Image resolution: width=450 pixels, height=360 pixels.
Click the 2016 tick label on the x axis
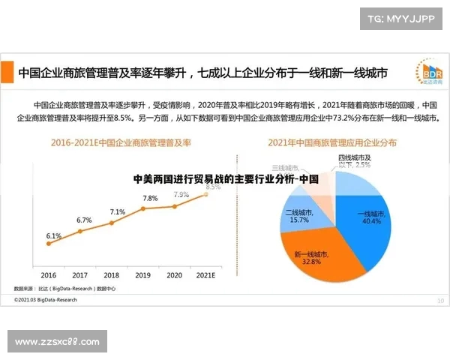pyautogui.click(x=48, y=275)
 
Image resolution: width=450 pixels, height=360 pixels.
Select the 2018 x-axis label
pyautogui.click(x=111, y=275)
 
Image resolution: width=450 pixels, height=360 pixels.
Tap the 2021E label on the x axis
pyautogui.click(x=205, y=275)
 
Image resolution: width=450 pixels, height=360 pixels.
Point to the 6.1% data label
pyautogui.click(x=53, y=235)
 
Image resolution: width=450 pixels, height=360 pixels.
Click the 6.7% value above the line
pyautogui.click(x=84, y=220)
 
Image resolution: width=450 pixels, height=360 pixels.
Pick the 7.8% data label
pyautogui.click(x=150, y=198)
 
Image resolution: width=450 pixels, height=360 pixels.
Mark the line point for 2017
pyautogui.click(x=80, y=230)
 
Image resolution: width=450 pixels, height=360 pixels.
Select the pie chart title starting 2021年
pyautogui.click(x=332, y=142)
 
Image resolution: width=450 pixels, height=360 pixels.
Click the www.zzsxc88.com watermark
pyautogui.click(x=57, y=342)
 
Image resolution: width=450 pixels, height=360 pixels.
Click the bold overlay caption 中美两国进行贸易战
pyautogui.click(x=225, y=180)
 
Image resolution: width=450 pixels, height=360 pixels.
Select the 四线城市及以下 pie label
pyautogui.click(x=355, y=161)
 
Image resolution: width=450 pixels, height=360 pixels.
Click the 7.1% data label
pyautogui.click(x=118, y=212)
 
